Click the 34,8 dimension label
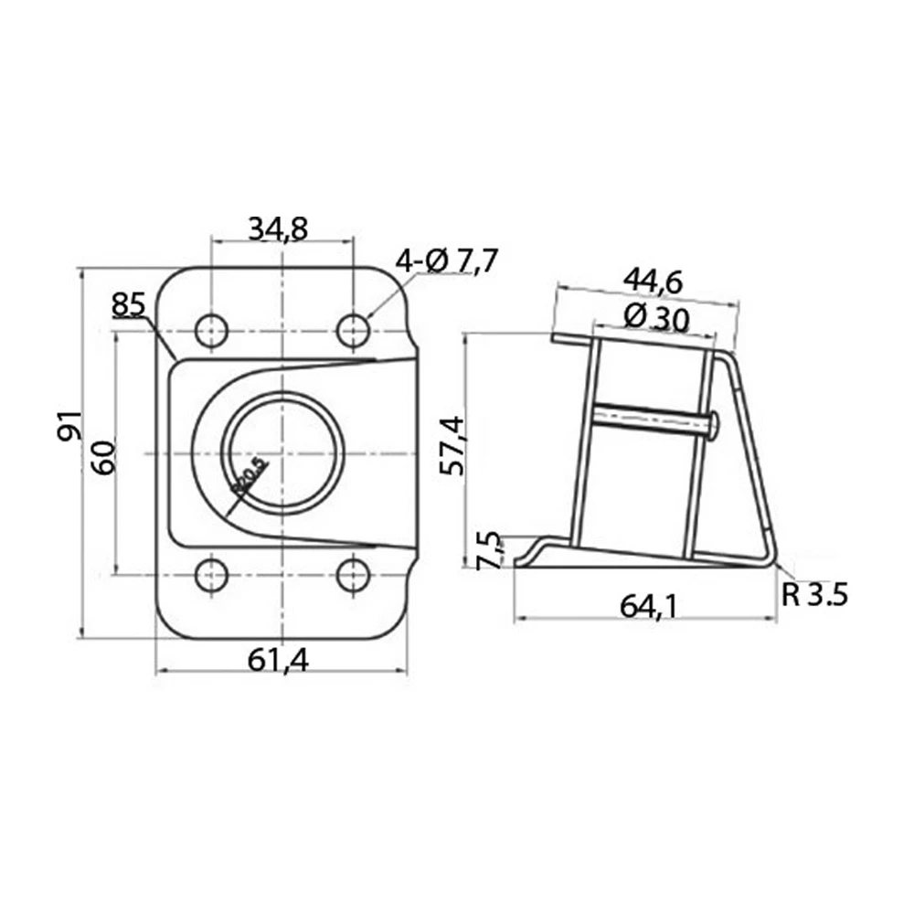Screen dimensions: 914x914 (x=279, y=228)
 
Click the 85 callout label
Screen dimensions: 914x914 (x=128, y=304)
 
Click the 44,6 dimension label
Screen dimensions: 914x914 (x=653, y=282)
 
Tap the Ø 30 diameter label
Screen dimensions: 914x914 (x=655, y=318)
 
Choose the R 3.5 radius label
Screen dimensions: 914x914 (x=815, y=595)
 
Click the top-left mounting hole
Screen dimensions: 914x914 (x=212, y=329)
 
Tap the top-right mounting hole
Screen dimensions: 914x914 (x=354, y=329)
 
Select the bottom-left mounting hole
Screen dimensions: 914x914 (x=212, y=576)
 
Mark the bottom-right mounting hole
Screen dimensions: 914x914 (x=354, y=576)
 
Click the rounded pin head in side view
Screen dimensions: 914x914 (x=714, y=423)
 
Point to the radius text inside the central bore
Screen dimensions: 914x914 (x=248, y=475)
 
